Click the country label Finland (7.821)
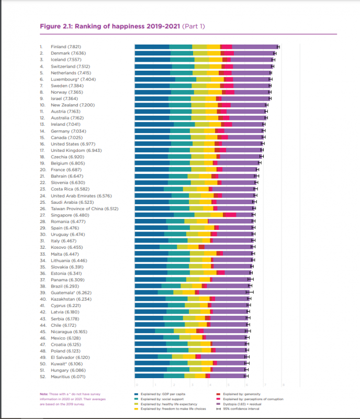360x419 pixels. point(65,47)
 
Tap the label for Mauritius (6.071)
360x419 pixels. point(69,376)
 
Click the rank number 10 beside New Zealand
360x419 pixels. point(42,105)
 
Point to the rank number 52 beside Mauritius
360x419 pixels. point(42,376)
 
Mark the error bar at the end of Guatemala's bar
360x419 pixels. point(249,292)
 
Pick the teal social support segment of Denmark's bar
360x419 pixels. point(182,53)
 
